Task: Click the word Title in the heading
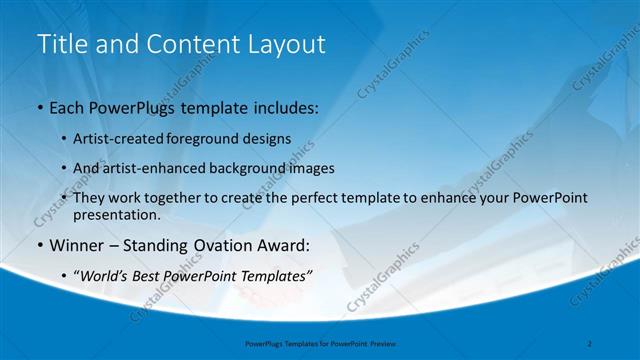pyautogui.click(x=59, y=44)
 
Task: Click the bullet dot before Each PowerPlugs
pyautogui.click(x=39, y=106)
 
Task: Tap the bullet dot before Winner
pyautogui.click(x=39, y=244)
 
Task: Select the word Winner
pyautogui.click(x=75, y=244)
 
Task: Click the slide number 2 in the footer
pyautogui.click(x=590, y=344)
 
